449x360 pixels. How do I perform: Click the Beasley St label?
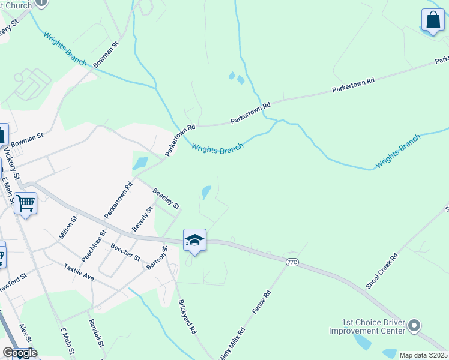[x=166, y=199]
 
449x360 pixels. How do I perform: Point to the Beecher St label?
[x=125, y=252]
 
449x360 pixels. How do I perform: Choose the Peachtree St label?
[x=94, y=245]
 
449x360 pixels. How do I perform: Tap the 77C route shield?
[x=292, y=262]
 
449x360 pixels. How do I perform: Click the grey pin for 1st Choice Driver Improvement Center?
[x=414, y=326]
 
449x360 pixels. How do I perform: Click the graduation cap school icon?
[x=194, y=240]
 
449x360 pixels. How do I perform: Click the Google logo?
[x=20, y=353]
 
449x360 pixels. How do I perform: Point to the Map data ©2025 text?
[x=423, y=355]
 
